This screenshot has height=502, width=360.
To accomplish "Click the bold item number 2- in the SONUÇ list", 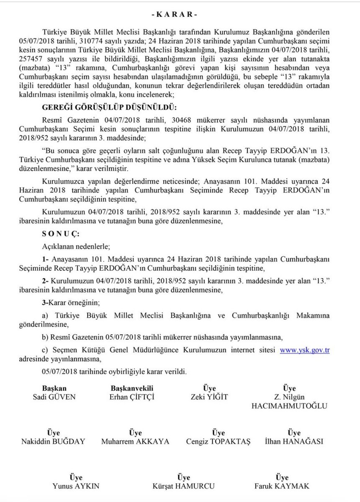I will click(46, 277).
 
